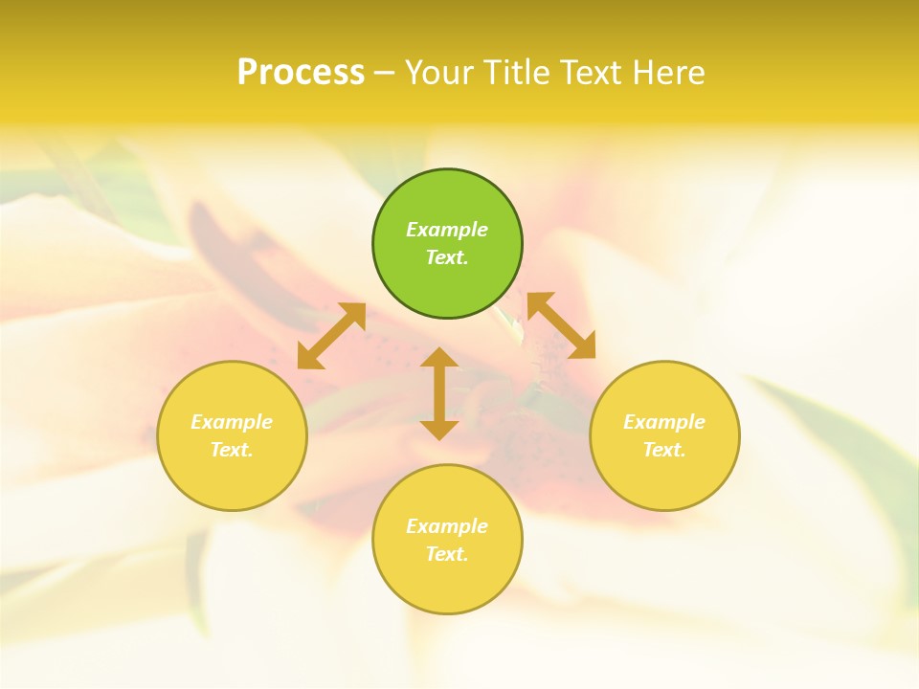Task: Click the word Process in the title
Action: pos(301,72)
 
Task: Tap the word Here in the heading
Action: pos(667,72)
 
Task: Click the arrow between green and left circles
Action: pos(331,336)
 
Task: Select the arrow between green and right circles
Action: pos(561,325)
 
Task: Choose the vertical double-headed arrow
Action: pos(439,393)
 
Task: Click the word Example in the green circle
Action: pos(447,230)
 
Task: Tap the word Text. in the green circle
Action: pos(447,257)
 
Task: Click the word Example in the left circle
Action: pos(232,422)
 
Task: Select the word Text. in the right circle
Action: pos(664,450)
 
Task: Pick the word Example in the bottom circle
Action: pos(447,526)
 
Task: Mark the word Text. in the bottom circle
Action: pos(447,554)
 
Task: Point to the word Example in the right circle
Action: pos(664,422)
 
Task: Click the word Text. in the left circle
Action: pos(232,450)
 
